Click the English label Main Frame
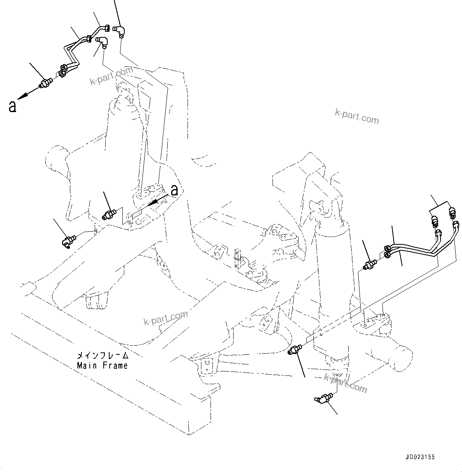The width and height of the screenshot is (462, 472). [102, 366]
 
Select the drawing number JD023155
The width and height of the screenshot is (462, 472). [420, 457]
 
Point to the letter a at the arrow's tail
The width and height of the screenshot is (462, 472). [174, 190]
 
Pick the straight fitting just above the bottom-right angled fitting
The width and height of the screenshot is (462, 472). [295, 349]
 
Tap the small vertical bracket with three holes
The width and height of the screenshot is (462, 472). [238, 259]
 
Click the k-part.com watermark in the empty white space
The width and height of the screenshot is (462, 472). [357, 116]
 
